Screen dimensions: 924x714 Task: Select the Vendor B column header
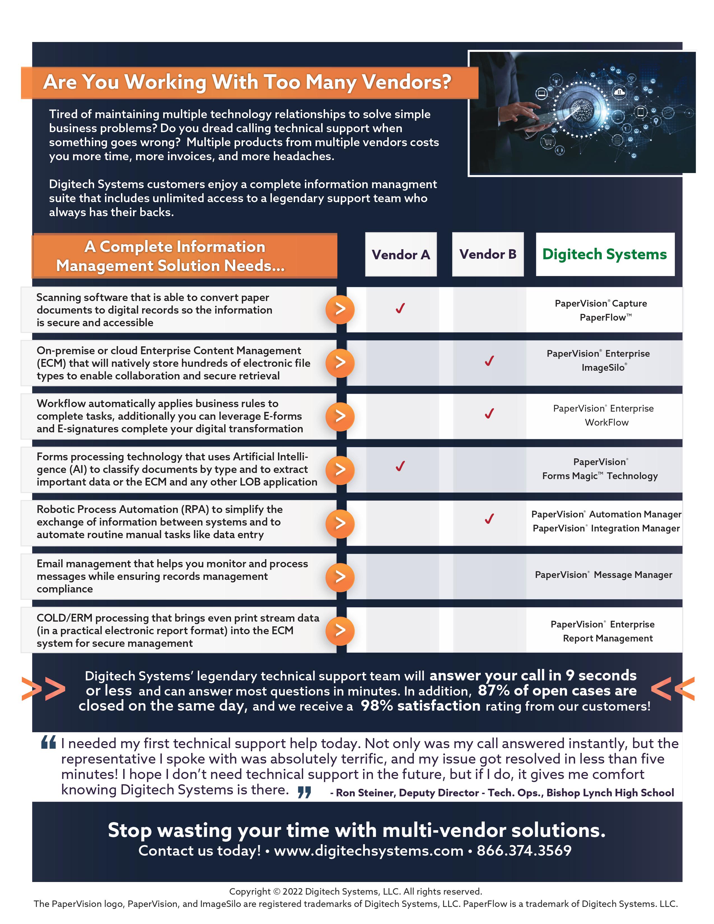point(488,254)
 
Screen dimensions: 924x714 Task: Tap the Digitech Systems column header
point(605,254)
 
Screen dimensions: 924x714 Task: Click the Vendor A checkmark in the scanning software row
point(400,309)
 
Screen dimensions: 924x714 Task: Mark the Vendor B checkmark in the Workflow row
point(489,413)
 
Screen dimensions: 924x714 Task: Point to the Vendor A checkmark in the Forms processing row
point(400,466)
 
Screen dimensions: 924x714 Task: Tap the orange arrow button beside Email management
point(340,577)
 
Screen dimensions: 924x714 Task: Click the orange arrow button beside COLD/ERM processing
point(340,630)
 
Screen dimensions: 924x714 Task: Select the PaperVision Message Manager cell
point(604,575)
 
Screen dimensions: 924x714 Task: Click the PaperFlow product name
point(605,317)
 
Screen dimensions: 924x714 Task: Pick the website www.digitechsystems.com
point(368,850)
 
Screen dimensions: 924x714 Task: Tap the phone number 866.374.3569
point(524,850)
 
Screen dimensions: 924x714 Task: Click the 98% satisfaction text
point(421,706)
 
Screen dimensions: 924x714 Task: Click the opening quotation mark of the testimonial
point(49,743)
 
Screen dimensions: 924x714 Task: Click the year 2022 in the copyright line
point(292,892)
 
